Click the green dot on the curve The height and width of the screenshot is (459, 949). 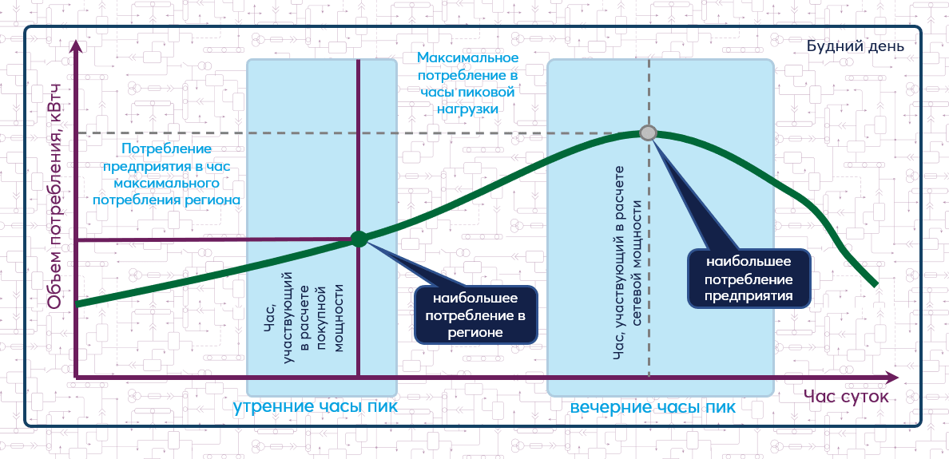[359, 239]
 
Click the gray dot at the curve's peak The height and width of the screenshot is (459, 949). [648, 133]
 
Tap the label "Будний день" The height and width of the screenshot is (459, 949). [856, 46]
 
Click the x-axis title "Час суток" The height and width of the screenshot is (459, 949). [846, 397]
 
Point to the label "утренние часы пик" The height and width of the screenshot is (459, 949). [316, 406]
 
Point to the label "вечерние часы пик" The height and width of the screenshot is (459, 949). [653, 407]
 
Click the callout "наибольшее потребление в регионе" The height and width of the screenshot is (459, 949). [476, 315]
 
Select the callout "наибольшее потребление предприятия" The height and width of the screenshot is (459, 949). [748, 279]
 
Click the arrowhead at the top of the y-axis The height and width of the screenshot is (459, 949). [76, 46]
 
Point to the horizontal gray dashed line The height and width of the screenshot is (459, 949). [359, 133]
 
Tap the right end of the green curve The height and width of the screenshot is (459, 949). [876, 283]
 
